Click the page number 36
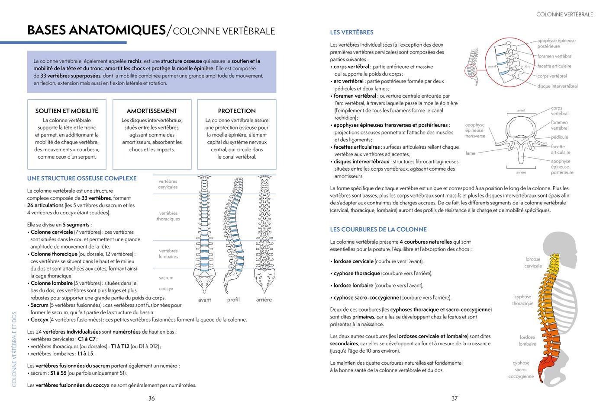151,398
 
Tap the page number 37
455,398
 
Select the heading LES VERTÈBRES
351,32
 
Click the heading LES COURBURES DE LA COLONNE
378,229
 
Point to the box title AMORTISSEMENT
152,111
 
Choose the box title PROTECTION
237,111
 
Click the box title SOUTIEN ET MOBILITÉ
67,111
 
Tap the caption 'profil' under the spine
233,299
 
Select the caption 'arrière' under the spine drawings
264,299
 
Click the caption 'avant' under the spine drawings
204,300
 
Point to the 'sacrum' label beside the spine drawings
166,278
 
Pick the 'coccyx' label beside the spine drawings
166,289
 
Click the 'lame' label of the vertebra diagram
471,153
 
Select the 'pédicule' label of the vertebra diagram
559,137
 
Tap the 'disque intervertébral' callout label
558,86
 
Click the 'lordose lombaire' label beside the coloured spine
527,341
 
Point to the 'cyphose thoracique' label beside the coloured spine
522,300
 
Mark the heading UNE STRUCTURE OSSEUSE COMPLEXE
82,178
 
